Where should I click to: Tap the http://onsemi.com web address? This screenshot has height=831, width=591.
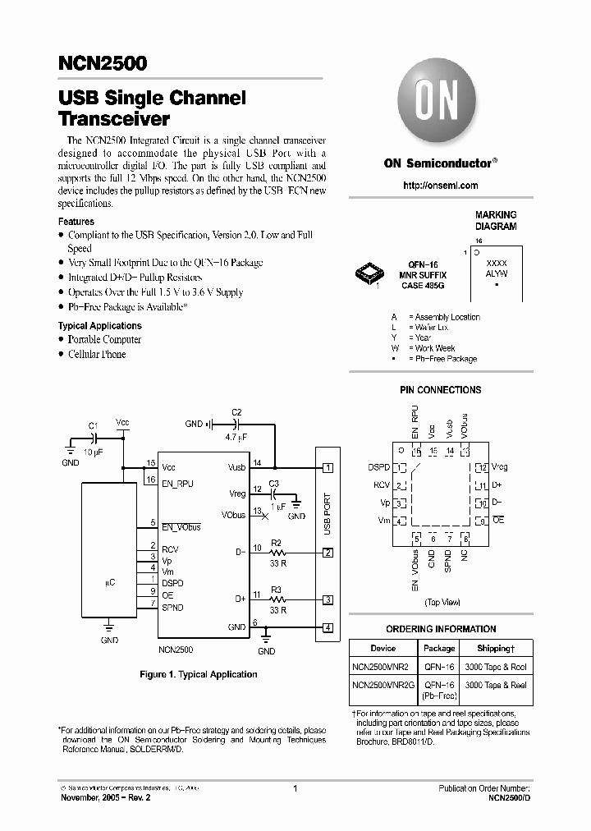tap(441, 186)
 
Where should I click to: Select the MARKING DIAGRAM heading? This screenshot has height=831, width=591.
tap(496, 220)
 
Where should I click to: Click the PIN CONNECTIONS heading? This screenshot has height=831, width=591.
tap(440, 390)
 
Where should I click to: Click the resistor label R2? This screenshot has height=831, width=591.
tap(277, 543)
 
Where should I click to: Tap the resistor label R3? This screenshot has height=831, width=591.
tap(277, 590)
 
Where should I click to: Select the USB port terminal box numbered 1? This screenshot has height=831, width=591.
tap(328, 468)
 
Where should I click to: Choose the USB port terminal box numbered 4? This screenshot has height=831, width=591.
tap(328, 629)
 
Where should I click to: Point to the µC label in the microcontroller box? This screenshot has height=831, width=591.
tap(110, 582)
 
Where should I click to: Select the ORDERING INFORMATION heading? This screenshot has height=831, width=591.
tap(441, 629)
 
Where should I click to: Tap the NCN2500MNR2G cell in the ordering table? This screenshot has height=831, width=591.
tap(383, 685)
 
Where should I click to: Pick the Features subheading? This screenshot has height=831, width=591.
tap(76, 222)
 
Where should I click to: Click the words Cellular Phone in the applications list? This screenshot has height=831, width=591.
tap(97, 354)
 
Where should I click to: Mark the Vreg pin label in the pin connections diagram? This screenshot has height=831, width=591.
tap(501, 466)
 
